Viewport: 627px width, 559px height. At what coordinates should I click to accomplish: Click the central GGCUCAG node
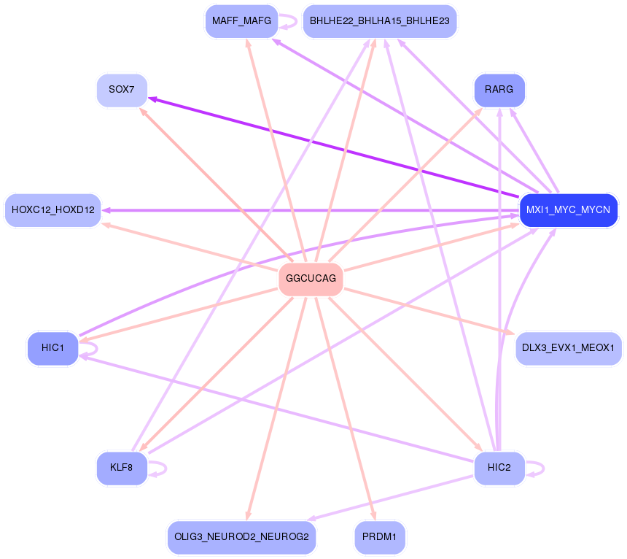tap(311, 279)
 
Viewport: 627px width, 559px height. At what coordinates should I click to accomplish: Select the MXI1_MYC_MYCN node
tap(568, 210)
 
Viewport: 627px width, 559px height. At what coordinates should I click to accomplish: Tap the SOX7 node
tap(122, 90)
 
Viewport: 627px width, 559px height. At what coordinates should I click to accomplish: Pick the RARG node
tap(499, 90)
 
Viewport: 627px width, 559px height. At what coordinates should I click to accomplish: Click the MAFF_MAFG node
tap(241, 21)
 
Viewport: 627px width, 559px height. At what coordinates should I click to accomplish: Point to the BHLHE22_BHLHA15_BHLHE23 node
tap(379, 21)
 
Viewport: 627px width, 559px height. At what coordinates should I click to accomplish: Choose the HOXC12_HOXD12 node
tap(53, 210)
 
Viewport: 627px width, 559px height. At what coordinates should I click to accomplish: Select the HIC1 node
tap(52, 348)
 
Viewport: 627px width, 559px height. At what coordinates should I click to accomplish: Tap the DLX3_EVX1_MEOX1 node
tap(569, 348)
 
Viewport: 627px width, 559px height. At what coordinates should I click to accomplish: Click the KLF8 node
tap(121, 468)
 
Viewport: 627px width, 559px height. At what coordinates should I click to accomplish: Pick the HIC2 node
tap(499, 468)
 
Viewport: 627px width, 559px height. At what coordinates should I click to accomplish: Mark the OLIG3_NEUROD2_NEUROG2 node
tap(241, 537)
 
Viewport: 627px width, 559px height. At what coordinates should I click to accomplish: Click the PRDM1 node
tap(379, 537)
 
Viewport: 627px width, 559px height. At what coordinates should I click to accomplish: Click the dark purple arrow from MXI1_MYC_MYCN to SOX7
tap(328, 147)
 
